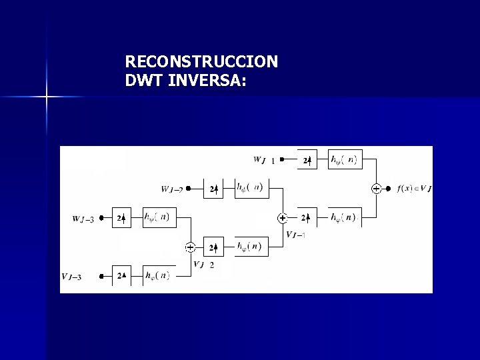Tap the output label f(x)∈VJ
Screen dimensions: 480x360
click(413, 189)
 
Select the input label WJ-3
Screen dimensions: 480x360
click(83, 218)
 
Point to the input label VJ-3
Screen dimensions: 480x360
click(72, 276)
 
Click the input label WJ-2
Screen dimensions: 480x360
click(172, 189)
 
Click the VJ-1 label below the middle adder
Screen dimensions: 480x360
click(295, 233)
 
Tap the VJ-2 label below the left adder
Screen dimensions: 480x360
click(203, 264)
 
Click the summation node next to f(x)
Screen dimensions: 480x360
click(376, 189)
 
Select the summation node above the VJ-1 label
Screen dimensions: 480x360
click(283, 218)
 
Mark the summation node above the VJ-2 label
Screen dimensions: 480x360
click(191, 247)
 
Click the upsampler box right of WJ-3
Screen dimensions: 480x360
click(122, 218)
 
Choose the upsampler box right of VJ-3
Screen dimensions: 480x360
click(122, 275)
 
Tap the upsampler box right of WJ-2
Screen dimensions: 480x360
click(214, 189)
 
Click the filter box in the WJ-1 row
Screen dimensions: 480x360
click(345, 160)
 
